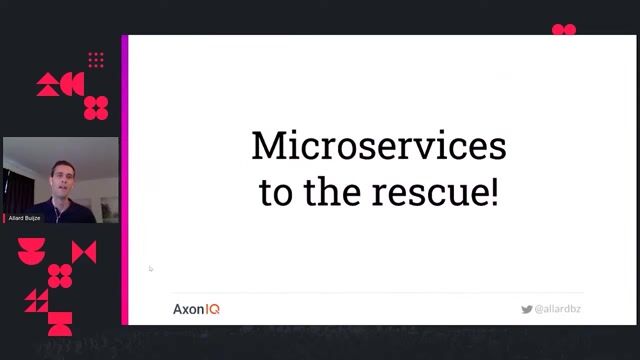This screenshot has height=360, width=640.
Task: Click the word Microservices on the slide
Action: pos(378,147)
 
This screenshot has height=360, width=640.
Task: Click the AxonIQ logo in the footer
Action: pos(196,309)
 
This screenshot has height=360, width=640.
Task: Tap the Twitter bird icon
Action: pos(526,310)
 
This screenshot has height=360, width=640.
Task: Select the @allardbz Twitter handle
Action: pos(558,310)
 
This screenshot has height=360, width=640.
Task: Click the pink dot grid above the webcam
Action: pos(96,60)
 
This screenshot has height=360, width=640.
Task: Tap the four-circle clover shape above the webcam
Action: pos(96,108)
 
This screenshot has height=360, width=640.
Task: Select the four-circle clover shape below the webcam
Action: pos(60,275)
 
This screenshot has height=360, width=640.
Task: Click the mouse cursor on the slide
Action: pos(151,268)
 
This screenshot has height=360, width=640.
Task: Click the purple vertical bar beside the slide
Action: pos(125,180)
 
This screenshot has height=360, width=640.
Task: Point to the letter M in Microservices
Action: pos(266,147)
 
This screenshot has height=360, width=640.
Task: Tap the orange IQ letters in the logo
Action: pos(212,309)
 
